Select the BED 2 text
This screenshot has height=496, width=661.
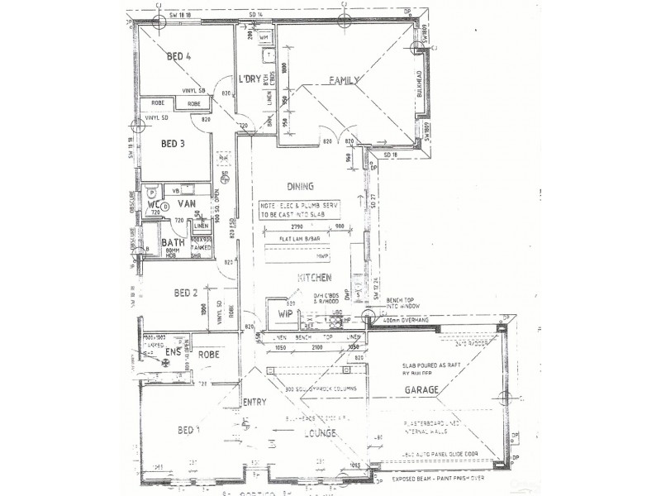coord(186,293)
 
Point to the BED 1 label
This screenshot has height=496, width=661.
coord(189,431)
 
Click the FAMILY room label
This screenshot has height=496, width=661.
coord(345,80)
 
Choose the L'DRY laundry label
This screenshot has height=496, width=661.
coord(249,79)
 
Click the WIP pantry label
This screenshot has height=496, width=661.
coord(285,314)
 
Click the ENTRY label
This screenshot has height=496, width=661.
coord(254,402)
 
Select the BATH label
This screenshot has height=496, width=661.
coord(173,243)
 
